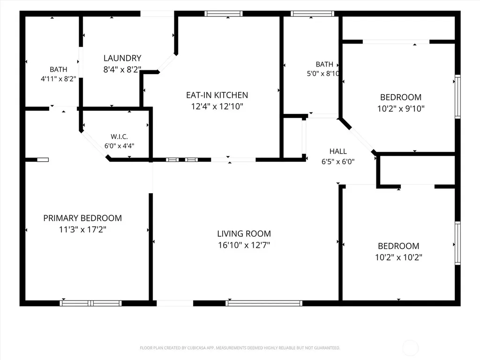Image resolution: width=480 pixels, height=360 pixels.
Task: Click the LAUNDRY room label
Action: pyautogui.click(x=122, y=58)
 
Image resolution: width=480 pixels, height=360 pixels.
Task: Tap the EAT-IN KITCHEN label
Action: pyautogui.click(x=217, y=95)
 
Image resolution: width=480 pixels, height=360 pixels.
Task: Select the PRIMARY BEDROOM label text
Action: pyautogui.click(x=82, y=218)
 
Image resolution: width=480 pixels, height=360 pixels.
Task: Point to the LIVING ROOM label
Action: pyautogui.click(x=244, y=233)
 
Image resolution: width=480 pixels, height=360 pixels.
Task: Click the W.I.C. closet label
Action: pyautogui.click(x=119, y=136)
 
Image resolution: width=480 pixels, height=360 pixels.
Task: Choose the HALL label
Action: pyautogui.click(x=338, y=151)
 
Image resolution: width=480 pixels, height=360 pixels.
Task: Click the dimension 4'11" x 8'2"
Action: pyautogui.click(x=58, y=79)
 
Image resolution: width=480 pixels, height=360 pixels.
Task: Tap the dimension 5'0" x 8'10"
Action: pyautogui.click(x=323, y=74)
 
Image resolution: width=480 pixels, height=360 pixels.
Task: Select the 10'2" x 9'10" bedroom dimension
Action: pyautogui.click(x=401, y=108)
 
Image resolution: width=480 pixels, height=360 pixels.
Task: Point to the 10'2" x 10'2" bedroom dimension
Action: pyautogui.click(x=398, y=257)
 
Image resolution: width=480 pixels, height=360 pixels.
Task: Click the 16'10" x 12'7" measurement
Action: pyautogui.click(x=244, y=245)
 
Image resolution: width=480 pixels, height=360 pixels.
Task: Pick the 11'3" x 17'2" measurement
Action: pyautogui.click(x=82, y=229)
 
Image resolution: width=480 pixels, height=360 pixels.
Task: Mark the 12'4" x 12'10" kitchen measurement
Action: pyautogui.click(x=217, y=106)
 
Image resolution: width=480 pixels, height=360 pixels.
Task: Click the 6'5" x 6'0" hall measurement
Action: pyautogui.click(x=338, y=161)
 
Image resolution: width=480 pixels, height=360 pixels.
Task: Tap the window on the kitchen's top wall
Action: pyautogui.click(x=224, y=14)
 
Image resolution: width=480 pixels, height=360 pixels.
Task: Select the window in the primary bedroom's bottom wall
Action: pyautogui.click(x=90, y=303)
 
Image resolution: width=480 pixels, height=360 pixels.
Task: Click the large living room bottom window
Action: pyautogui.click(x=264, y=303)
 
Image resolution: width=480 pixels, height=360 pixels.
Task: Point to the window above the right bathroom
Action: pyautogui.click(x=312, y=14)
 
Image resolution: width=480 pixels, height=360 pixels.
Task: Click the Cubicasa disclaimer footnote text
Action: pyautogui.click(x=240, y=348)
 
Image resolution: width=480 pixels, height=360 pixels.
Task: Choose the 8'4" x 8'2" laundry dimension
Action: pyautogui.click(x=122, y=69)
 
